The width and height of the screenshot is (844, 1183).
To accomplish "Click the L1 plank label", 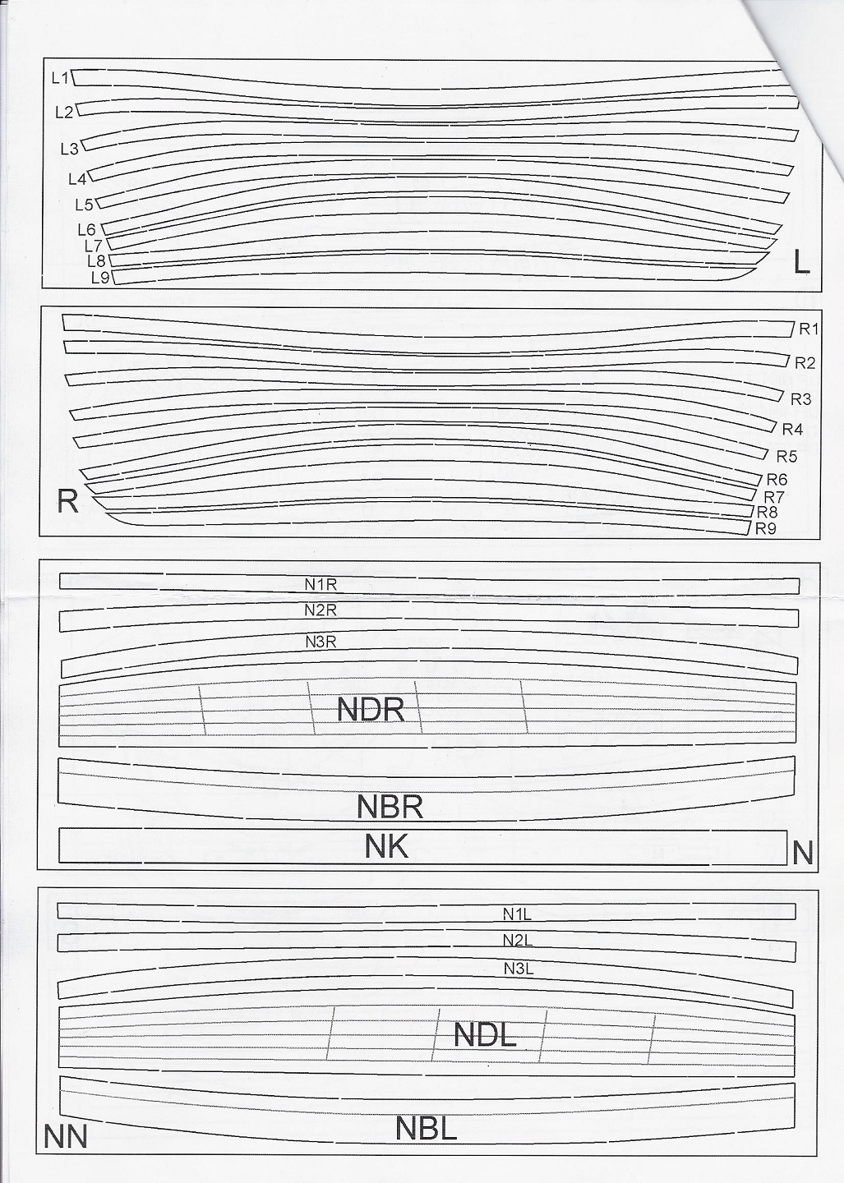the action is click(x=60, y=78).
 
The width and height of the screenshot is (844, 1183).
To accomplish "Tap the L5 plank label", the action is click(x=84, y=205).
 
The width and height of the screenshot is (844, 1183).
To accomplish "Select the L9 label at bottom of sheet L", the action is click(x=100, y=278).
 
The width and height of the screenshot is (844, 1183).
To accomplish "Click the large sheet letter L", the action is click(x=802, y=262).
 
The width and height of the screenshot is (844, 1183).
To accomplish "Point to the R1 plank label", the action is click(x=809, y=329).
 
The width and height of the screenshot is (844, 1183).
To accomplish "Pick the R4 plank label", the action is click(x=792, y=429).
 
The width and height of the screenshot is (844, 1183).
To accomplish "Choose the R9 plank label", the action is click(x=765, y=528).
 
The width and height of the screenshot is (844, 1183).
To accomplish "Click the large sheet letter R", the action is click(x=67, y=500).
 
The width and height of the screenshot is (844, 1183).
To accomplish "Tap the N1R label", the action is click(x=321, y=585).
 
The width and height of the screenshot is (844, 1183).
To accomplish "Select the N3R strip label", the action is click(x=321, y=642).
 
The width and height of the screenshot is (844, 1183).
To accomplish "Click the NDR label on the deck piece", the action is click(x=371, y=710).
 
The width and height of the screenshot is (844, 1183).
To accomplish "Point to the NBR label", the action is click(x=390, y=807).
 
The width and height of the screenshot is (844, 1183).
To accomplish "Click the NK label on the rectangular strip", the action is click(x=386, y=846).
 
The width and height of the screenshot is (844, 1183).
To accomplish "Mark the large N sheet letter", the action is click(x=803, y=854).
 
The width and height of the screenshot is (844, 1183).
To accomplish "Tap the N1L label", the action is click(x=519, y=913).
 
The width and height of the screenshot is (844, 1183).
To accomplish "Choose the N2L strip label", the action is click(x=519, y=941).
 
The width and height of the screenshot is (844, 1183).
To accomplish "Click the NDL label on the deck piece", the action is click(x=485, y=1035).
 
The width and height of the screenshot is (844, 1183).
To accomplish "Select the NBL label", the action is click(x=426, y=1128).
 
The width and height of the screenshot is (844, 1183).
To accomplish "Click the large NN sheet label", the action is click(x=66, y=1138).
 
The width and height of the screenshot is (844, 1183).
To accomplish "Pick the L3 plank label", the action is click(x=69, y=149).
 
